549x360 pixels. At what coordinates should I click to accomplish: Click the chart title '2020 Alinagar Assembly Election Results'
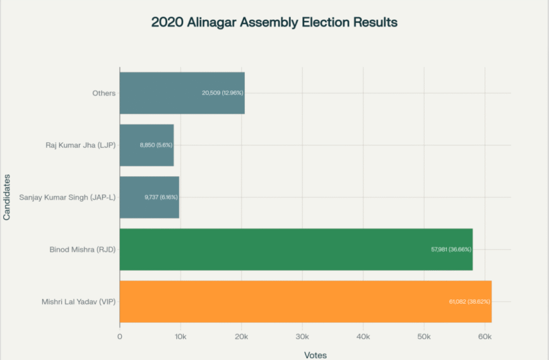tap(274, 22)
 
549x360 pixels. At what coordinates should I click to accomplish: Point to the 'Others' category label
tap(103, 93)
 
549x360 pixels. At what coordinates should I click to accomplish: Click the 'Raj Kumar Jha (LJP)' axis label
tap(80, 145)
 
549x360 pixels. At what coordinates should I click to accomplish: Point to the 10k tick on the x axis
tap(180, 337)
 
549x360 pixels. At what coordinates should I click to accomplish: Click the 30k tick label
tap(302, 337)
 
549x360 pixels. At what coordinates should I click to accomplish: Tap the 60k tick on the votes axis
tap(485, 337)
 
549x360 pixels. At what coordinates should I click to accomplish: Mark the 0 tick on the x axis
tap(120, 337)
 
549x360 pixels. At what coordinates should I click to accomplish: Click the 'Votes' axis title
tap(316, 354)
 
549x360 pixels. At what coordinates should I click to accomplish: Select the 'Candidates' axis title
tap(7, 197)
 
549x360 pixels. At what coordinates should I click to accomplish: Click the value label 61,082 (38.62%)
tap(466, 301)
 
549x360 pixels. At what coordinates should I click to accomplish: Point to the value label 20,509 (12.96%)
tap(222, 93)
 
